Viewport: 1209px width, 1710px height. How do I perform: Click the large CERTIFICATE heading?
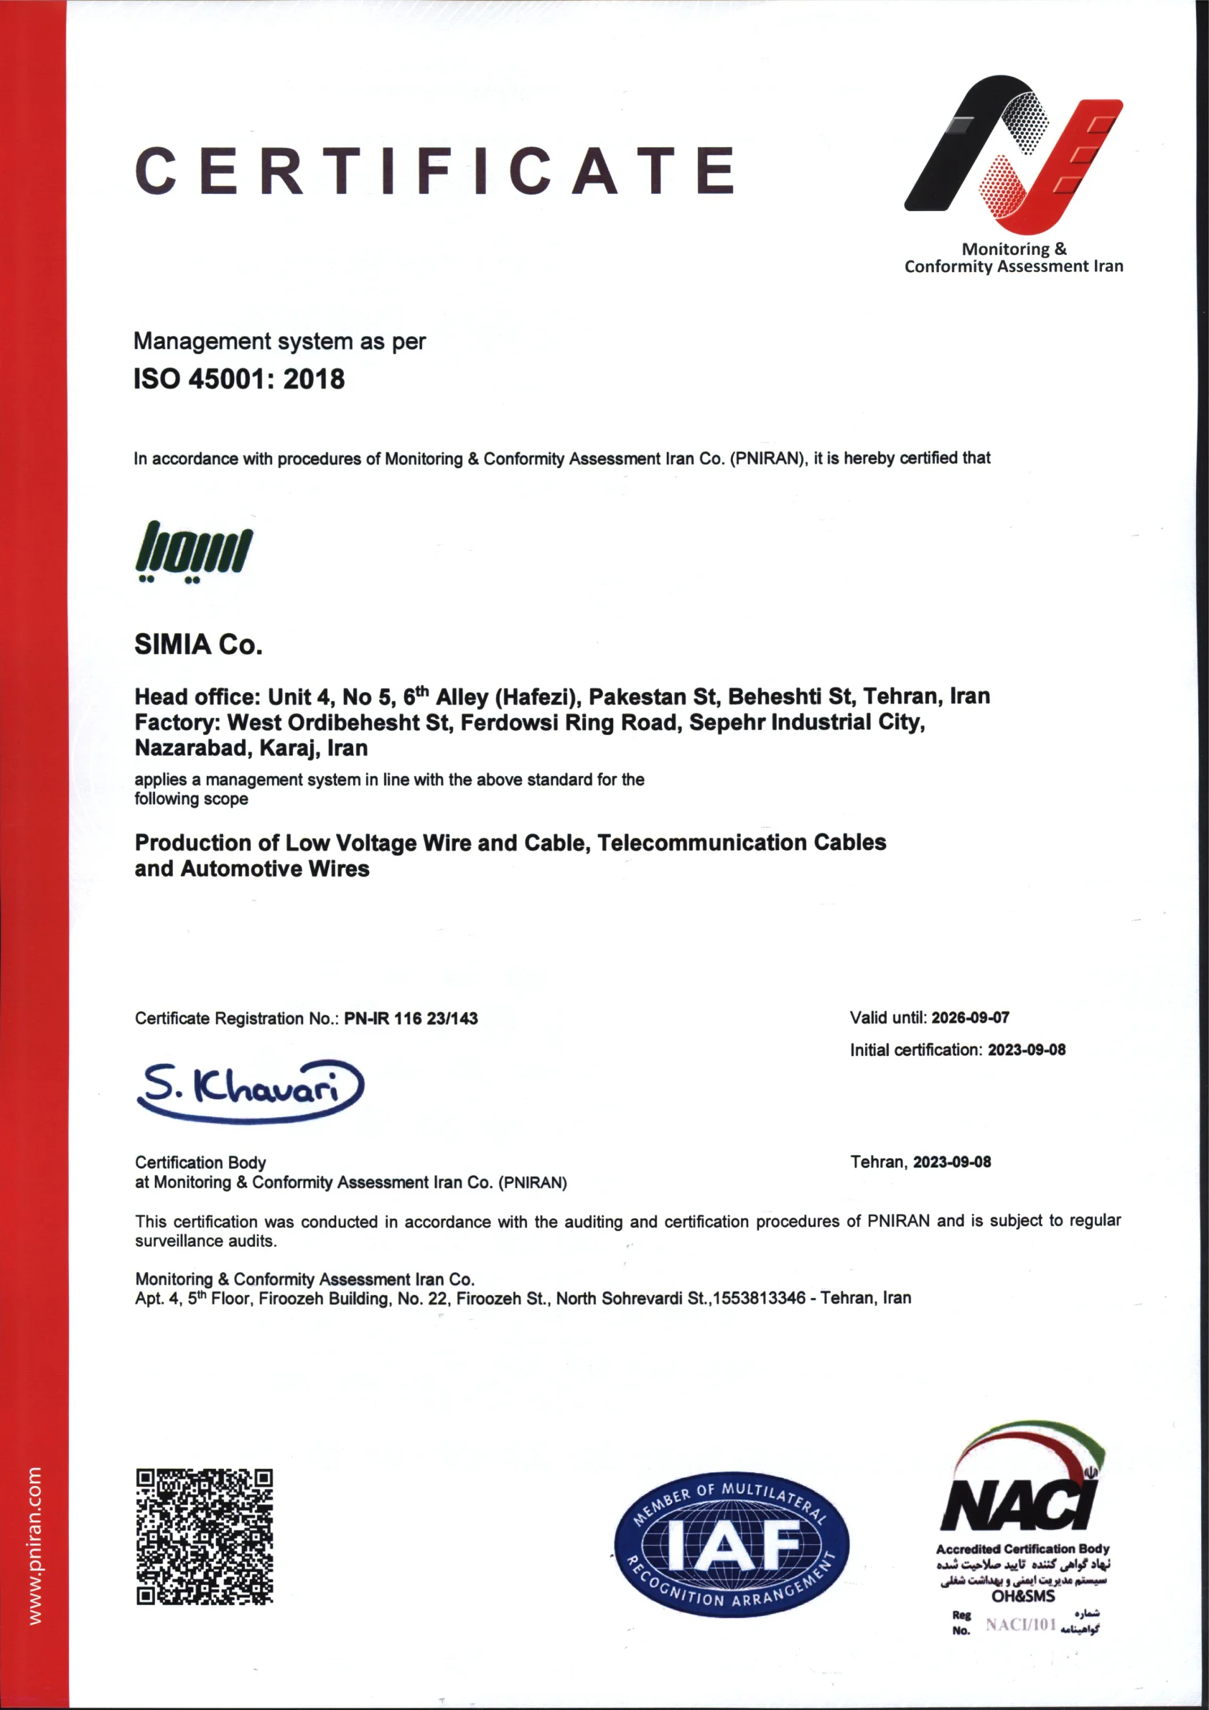click(x=436, y=171)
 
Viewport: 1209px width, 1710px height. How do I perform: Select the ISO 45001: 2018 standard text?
click(x=239, y=379)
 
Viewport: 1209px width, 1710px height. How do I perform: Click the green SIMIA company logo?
click(x=194, y=551)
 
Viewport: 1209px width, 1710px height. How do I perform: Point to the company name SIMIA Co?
click(x=198, y=644)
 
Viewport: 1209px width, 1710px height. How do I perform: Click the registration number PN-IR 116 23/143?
click(x=411, y=1018)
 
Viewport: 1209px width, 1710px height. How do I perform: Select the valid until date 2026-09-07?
click(x=970, y=1017)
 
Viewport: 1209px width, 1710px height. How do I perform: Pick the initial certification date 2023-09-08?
click(x=1026, y=1050)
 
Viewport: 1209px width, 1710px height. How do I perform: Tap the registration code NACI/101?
click(x=1022, y=1625)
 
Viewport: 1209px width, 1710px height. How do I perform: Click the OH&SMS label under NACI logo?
click(x=1023, y=1596)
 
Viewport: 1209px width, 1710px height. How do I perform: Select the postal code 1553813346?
click(x=759, y=1298)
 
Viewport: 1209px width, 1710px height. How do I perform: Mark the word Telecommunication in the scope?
click(x=701, y=842)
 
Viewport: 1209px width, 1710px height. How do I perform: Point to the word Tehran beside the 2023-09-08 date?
click(x=878, y=1162)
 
